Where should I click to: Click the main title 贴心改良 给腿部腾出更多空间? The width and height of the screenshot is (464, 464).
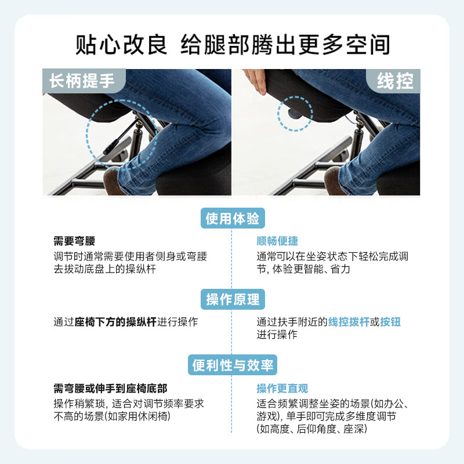232,45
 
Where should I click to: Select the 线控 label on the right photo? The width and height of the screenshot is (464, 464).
394,81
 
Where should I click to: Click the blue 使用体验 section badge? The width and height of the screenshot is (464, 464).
232,219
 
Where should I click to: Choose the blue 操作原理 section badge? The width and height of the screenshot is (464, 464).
232,299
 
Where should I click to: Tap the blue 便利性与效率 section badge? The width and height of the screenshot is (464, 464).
232,365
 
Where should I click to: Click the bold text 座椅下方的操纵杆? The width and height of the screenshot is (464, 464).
116,322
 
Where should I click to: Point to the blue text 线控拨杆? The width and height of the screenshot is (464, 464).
349,322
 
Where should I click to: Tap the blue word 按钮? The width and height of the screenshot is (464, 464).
390,322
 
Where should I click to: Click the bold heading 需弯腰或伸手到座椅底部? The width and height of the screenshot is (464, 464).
110,389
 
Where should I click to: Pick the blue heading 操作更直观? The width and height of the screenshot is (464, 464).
282,389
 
